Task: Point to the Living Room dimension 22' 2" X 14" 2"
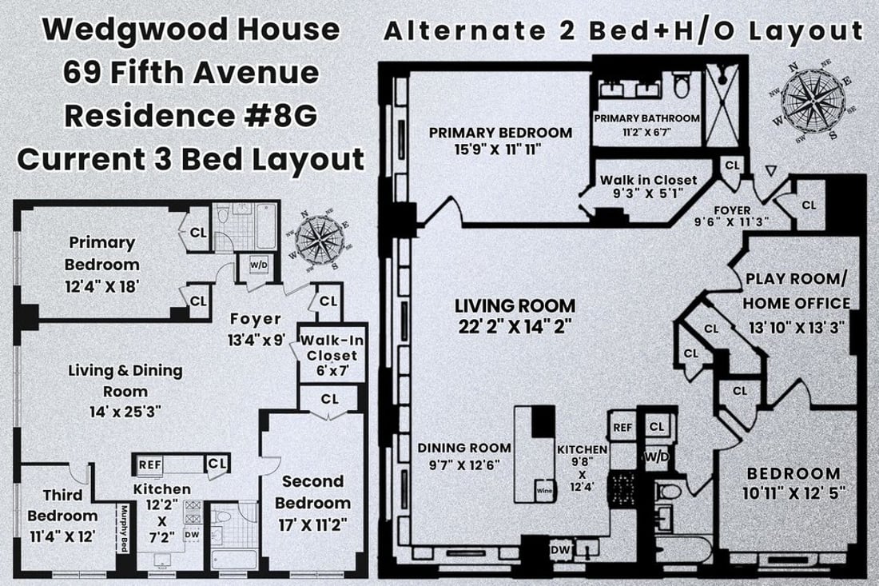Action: [515, 325]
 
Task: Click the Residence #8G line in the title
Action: [190, 115]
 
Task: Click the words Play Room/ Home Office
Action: [796, 292]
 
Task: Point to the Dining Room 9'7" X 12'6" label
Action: [463, 455]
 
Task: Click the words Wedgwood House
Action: [190, 30]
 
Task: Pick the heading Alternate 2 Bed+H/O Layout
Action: [623, 31]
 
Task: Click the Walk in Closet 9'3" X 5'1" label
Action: [648, 186]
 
